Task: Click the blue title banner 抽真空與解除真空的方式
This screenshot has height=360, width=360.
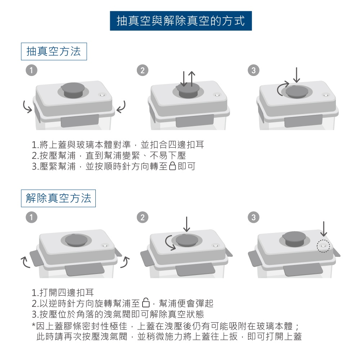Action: click(181, 21)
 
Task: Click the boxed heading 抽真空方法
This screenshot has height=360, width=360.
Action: click(54, 51)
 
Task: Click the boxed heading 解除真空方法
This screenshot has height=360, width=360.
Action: click(58, 198)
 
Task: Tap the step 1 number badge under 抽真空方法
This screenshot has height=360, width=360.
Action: click(31, 71)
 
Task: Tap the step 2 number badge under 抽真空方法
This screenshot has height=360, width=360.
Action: click(142, 71)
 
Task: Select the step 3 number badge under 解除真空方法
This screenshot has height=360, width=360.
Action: click(253, 217)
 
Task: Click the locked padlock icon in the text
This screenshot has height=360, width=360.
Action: click(172, 166)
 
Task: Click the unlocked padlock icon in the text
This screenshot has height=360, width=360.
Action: click(146, 303)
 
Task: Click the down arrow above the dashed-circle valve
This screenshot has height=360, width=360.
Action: click(324, 229)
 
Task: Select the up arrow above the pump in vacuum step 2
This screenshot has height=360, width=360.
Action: click(192, 79)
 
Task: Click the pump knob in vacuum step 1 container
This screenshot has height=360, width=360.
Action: click(73, 90)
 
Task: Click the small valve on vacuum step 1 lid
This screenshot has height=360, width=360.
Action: click(102, 95)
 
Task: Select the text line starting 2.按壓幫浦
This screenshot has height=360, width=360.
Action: click(109, 156)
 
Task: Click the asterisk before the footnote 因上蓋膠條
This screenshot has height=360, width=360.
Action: click(33, 325)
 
